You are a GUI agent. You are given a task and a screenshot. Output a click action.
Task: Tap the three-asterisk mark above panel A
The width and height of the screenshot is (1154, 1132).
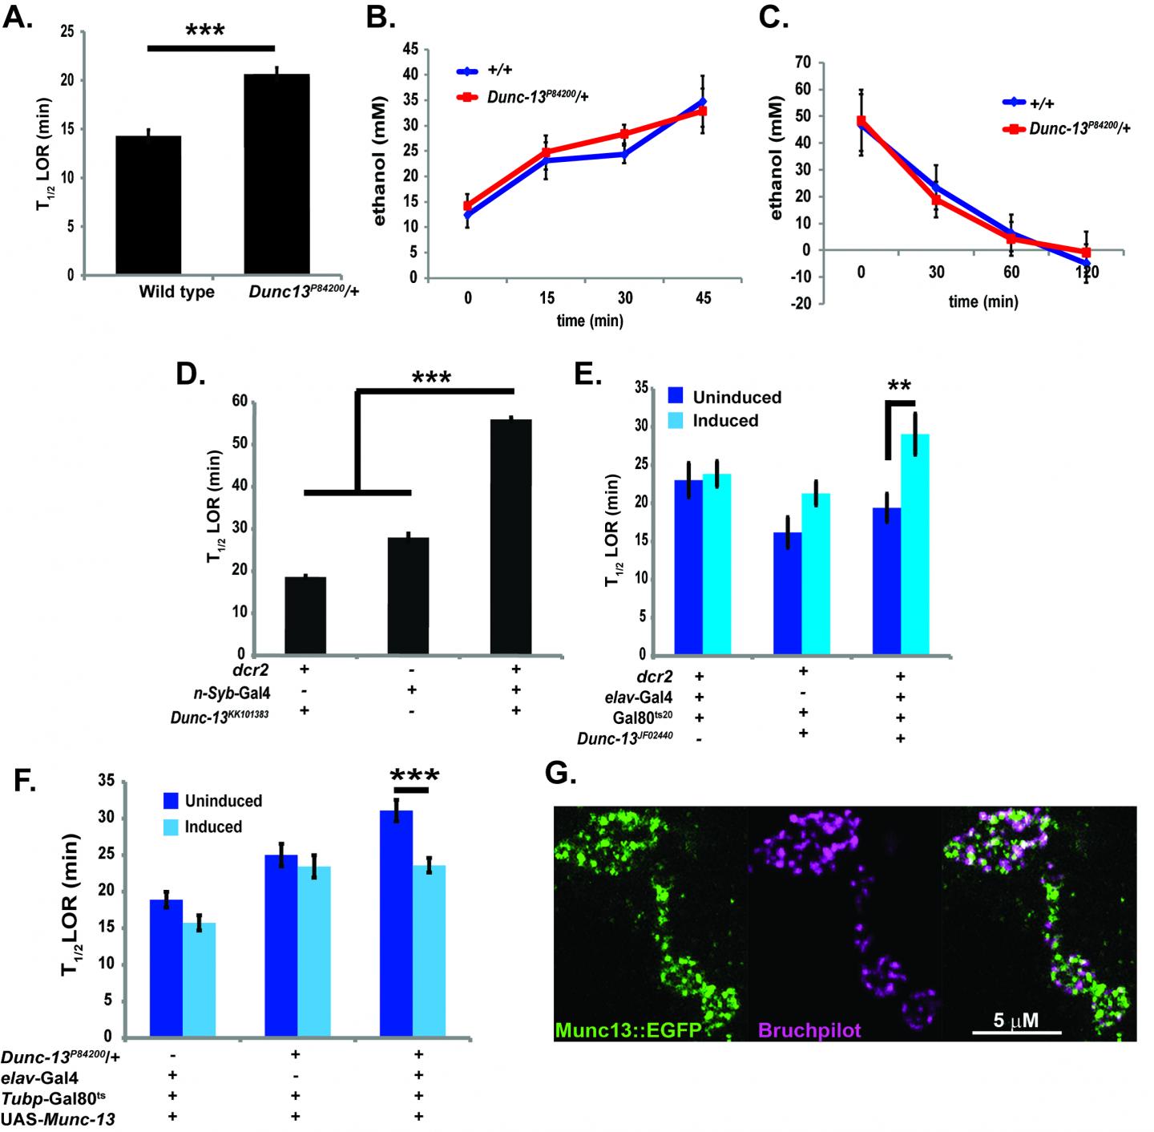coord(205,30)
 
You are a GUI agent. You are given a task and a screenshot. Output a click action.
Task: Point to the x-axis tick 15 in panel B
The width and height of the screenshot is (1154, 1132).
coord(547,298)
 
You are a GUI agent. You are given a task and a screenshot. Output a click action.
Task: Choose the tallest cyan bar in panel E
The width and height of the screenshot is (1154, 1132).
coord(915,544)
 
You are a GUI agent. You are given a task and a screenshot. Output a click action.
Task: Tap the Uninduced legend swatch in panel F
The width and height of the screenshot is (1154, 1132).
coord(169,800)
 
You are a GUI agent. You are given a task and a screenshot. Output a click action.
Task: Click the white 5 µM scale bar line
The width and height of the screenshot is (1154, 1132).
coord(1017,1032)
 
